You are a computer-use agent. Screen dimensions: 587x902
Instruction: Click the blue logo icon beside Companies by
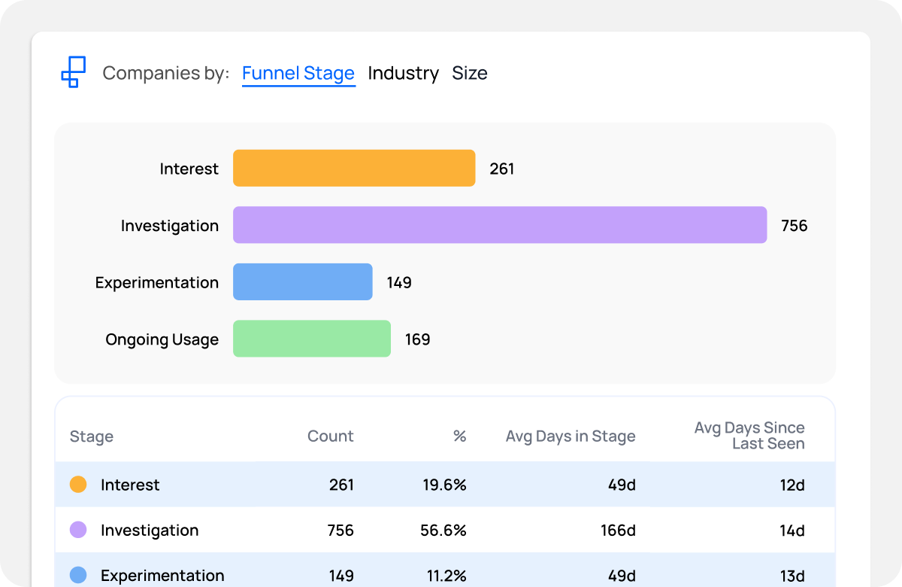[x=73, y=72]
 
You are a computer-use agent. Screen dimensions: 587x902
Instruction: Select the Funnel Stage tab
[x=298, y=73]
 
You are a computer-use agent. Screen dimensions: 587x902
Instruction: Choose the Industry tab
[x=403, y=73]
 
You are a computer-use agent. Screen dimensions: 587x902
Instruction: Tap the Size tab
[x=470, y=73]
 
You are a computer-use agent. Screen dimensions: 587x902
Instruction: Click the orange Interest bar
[x=354, y=168]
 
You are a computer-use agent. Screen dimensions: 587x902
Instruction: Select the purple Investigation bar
[x=500, y=225]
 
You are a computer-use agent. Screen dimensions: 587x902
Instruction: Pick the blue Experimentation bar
[x=303, y=282]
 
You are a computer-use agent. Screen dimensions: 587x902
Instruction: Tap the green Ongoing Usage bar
[x=312, y=339]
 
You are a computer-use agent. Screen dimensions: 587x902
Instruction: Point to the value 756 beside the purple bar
[x=794, y=226]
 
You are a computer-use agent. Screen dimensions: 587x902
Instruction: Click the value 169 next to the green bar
[x=417, y=339]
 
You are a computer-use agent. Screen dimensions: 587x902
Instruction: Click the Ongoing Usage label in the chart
[x=162, y=339]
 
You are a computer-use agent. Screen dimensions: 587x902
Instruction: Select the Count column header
[x=330, y=436]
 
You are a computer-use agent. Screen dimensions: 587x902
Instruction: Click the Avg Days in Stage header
[x=571, y=436]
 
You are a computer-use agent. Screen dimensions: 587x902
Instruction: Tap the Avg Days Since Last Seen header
[x=749, y=436]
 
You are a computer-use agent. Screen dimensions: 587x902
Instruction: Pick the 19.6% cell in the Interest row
[x=443, y=485]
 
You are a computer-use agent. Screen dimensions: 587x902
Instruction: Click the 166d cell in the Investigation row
[x=618, y=531]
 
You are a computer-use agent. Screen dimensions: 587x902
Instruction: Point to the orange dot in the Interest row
[x=78, y=485]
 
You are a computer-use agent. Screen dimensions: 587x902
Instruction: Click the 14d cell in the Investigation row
[x=792, y=531]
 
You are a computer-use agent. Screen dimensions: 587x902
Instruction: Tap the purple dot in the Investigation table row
[x=78, y=530]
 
